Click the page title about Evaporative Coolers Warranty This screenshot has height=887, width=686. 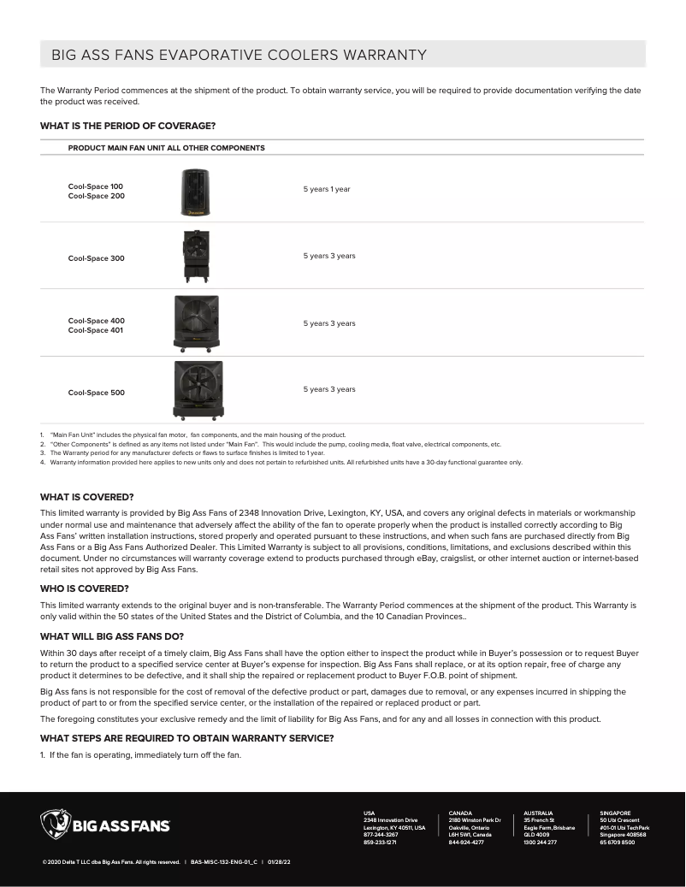click(x=239, y=56)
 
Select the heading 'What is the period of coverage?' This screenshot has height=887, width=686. click(x=127, y=126)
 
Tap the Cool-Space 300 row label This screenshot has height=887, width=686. click(x=96, y=258)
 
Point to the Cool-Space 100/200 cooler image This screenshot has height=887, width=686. click(x=195, y=192)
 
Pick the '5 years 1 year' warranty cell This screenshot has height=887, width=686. click(x=327, y=189)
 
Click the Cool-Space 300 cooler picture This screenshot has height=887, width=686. click(x=196, y=256)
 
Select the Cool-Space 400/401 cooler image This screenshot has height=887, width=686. click(x=196, y=324)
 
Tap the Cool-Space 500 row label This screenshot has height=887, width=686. click(x=96, y=393)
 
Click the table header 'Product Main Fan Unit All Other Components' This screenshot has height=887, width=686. click(x=166, y=148)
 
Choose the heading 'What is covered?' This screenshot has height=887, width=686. click(x=87, y=497)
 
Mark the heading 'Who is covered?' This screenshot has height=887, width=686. click(x=85, y=588)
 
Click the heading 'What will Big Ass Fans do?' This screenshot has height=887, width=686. click(x=112, y=636)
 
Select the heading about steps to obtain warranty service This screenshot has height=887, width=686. click(x=186, y=738)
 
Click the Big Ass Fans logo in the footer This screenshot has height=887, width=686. click(x=105, y=825)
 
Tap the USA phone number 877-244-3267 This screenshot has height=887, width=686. click(x=381, y=835)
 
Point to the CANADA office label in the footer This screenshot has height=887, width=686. click(x=460, y=813)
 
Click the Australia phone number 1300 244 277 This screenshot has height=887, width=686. click(x=540, y=843)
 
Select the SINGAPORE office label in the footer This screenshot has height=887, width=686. click(x=615, y=813)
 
